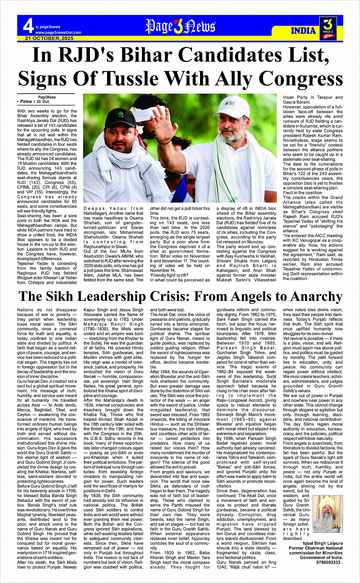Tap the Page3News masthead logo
pos(180,27)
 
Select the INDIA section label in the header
pos(304,30)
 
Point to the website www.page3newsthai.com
pos(58,32)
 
